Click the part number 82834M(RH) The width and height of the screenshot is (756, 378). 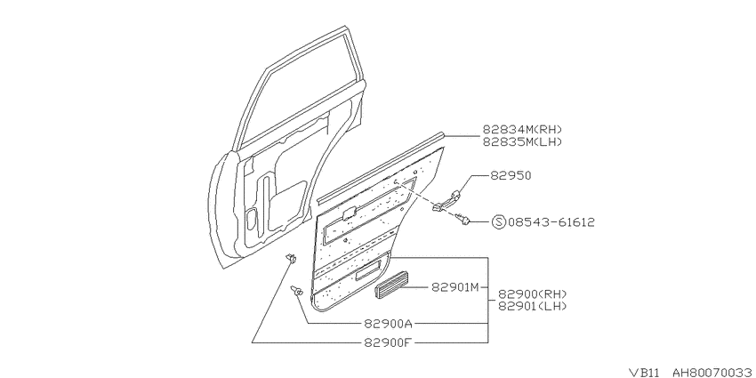click(x=523, y=130)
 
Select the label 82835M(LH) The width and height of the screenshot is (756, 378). click(x=523, y=141)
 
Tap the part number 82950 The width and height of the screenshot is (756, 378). click(x=511, y=175)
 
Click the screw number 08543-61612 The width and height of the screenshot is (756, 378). click(x=551, y=222)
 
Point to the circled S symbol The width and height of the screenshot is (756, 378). click(x=499, y=222)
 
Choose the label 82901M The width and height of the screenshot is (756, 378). click(x=454, y=288)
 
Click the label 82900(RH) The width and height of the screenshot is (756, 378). click(x=532, y=294)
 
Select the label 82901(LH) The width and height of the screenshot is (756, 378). click(x=532, y=306)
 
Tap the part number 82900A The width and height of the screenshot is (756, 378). click(x=388, y=323)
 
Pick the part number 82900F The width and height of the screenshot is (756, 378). click(x=388, y=342)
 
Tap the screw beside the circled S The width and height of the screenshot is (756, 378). click(x=462, y=220)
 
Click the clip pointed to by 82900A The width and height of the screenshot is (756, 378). click(x=296, y=291)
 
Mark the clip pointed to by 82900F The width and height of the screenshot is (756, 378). click(x=290, y=259)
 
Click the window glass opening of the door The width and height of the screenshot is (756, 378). click(x=297, y=87)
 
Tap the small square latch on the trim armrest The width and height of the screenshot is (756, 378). click(x=349, y=213)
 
